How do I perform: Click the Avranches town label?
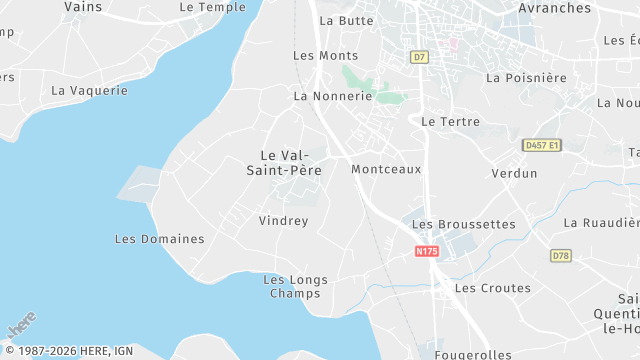click(x=555, y=8)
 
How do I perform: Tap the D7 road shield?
click(x=419, y=57)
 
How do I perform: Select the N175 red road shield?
click(x=427, y=251)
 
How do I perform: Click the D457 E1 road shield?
click(x=542, y=145)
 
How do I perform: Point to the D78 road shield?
click(x=560, y=256)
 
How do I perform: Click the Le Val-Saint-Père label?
click(x=283, y=163)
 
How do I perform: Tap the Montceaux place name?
click(x=386, y=170)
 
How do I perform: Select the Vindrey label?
click(x=283, y=221)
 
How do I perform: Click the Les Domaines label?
click(x=159, y=239)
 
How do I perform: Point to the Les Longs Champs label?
click(x=295, y=287)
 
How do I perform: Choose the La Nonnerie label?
click(x=333, y=97)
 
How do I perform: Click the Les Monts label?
click(x=325, y=56)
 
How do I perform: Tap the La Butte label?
click(x=346, y=20)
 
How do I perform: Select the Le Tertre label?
click(x=451, y=122)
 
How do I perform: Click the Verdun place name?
click(x=514, y=174)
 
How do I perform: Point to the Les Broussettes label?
click(x=463, y=225)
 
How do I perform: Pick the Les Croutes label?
click(x=492, y=288)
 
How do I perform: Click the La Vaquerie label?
click(x=89, y=90)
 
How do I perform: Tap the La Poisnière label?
click(x=526, y=78)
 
